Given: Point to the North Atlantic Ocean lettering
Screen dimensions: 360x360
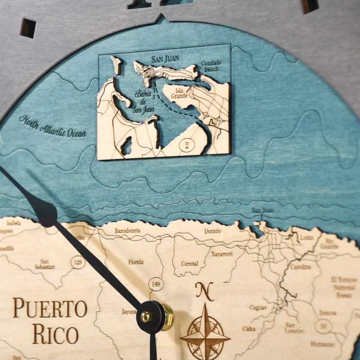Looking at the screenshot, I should pyautogui.click(x=53, y=126).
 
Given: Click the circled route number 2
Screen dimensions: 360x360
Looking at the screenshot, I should pyautogui.click(x=185, y=145).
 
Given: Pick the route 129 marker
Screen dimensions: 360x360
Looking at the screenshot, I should pyautogui.click(x=79, y=262).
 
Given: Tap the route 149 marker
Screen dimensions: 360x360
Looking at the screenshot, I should pyautogui.click(x=156, y=284).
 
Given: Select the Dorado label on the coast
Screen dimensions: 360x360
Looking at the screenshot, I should pyautogui.click(x=212, y=231).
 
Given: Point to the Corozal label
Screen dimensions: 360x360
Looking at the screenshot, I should pyautogui.click(x=190, y=264).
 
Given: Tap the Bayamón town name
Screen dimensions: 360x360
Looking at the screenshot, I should pyautogui.click(x=222, y=254).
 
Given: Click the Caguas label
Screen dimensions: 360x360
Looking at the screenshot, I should pyautogui.click(x=258, y=308).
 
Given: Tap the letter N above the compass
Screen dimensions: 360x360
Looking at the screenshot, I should pyautogui.click(x=205, y=292).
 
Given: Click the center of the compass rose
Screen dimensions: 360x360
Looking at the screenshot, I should pyautogui.click(x=205, y=335).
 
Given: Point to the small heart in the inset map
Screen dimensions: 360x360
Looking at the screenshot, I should pyautogui.click(x=209, y=121).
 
